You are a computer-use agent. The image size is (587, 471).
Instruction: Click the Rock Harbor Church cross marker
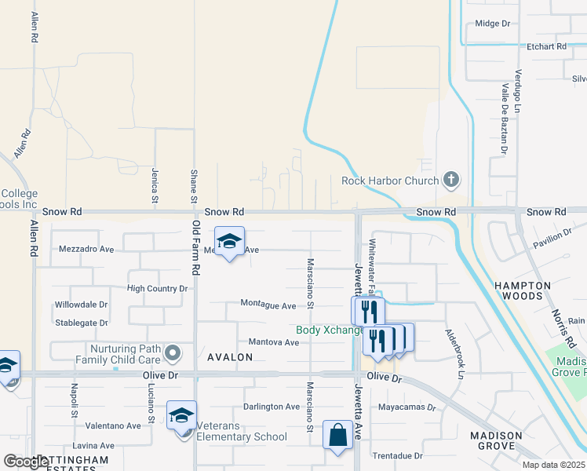click(450, 181)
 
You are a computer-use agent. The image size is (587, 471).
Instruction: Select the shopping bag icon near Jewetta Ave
click(337, 436)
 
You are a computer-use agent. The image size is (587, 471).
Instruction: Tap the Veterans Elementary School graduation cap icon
click(181, 416)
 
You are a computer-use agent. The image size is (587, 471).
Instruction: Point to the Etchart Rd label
click(547, 46)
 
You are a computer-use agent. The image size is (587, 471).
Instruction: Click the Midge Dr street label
click(493, 24)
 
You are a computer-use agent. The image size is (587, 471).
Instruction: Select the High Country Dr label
click(157, 289)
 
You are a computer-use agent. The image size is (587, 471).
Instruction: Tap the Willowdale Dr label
click(81, 305)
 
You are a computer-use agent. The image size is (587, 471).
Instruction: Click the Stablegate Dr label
click(82, 323)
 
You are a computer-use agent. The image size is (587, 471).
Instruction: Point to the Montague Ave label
click(268, 305)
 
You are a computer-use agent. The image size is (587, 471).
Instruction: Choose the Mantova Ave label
click(274, 342)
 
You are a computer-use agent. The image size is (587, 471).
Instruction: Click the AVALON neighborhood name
click(230, 357)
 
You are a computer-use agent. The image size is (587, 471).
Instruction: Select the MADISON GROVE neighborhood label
click(496, 442)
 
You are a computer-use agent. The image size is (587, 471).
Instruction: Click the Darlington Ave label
click(272, 407)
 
